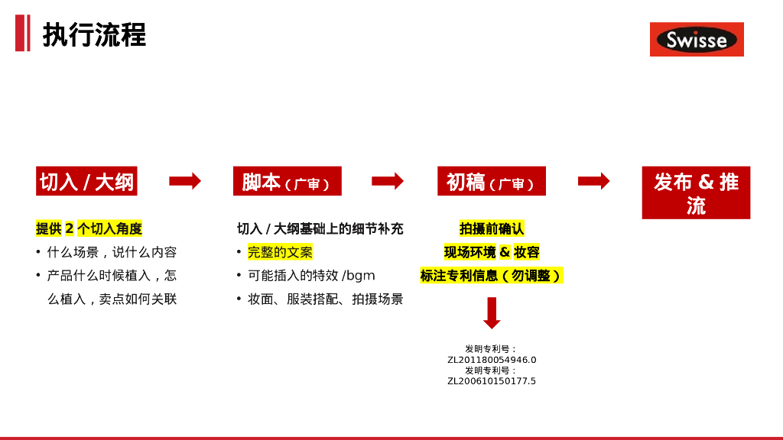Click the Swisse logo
pos(697,40)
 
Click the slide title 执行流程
pos(94,35)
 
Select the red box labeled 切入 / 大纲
pos(86,182)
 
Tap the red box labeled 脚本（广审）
pos(287,182)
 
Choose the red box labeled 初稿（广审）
pos(491,182)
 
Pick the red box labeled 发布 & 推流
pos(696,192)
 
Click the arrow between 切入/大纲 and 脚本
pos(185,181)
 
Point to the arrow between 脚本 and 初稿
pos(388,181)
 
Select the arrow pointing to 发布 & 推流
pos(593,181)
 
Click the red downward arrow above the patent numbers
pos(492,312)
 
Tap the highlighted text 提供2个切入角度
pos(89,228)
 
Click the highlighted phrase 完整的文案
pos(280,252)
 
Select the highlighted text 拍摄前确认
pos(492,228)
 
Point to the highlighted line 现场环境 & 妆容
pos(492,252)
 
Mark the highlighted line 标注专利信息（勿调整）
pos(492,276)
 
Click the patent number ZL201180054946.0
pos(492,360)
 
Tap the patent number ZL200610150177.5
pos(492,381)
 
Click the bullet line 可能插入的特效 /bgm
pos(311,276)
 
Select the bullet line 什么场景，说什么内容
pos(112,252)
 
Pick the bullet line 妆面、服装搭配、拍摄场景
pos(325,299)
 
